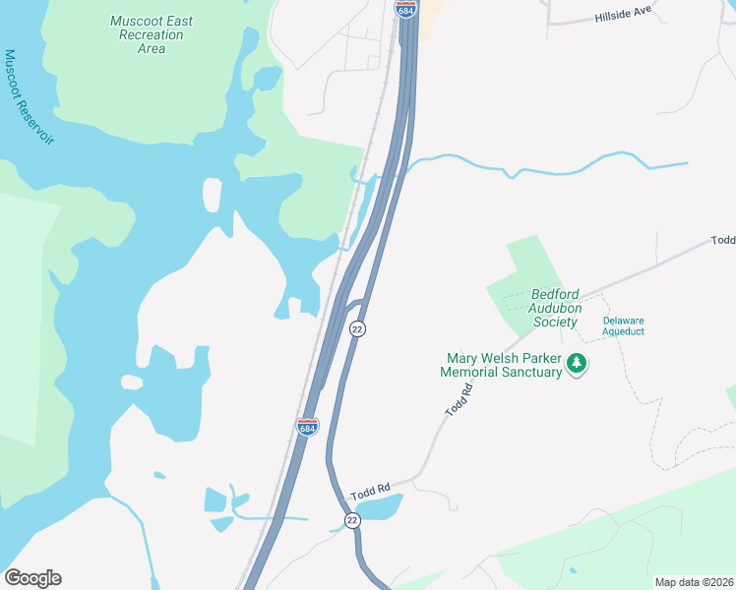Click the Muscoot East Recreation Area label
[152, 34]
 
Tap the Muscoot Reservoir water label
[28, 96]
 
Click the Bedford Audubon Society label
[556, 307]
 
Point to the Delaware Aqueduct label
[623, 325]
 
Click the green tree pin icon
[577, 365]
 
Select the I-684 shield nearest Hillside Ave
[405, 9]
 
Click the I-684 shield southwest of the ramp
[307, 427]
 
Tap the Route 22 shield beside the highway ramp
[357, 328]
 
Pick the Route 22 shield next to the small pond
[352, 519]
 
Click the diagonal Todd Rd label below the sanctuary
[460, 400]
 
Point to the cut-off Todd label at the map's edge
[723, 240]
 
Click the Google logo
[32, 578]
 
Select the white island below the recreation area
[212, 194]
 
